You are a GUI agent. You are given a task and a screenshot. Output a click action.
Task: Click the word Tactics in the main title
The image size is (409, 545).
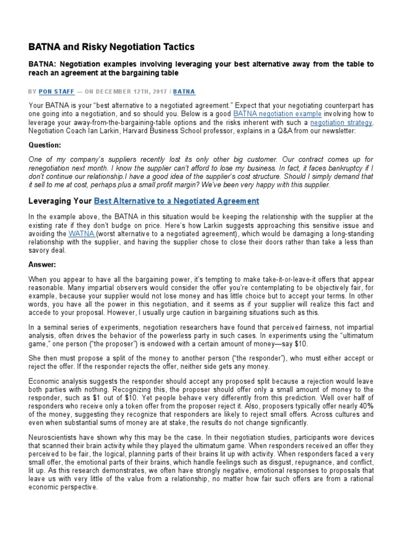(175, 47)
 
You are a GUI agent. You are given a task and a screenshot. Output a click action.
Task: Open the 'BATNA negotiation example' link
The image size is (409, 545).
(277, 114)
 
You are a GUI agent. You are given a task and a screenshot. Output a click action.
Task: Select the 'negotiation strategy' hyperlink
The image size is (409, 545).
(341, 122)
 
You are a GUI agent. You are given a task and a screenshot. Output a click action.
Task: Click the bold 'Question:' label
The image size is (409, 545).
(45, 145)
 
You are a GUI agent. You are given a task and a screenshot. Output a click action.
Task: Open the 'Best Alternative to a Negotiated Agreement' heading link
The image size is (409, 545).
(176, 201)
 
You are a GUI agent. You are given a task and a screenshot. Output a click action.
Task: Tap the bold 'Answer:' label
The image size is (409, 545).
(42, 264)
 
